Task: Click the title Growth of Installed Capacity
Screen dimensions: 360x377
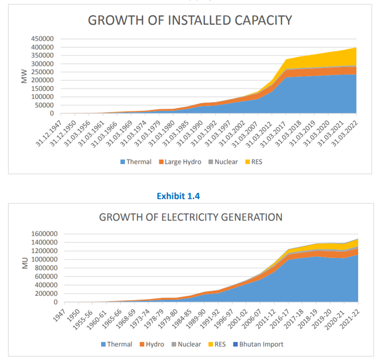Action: pyautogui.click(x=190, y=20)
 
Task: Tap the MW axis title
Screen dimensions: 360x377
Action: pyautogui.click(x=24, y=76)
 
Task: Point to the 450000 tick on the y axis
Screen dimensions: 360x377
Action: pyautogui.click(x=41, y=39)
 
